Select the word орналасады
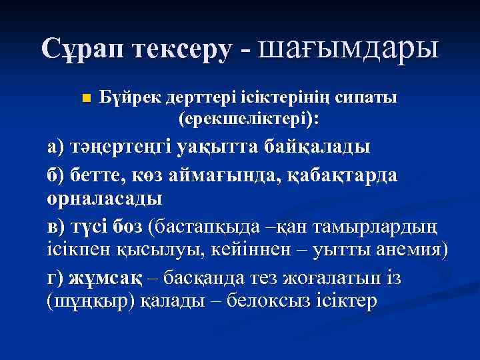pyautogui.click(x=104, y=198)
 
